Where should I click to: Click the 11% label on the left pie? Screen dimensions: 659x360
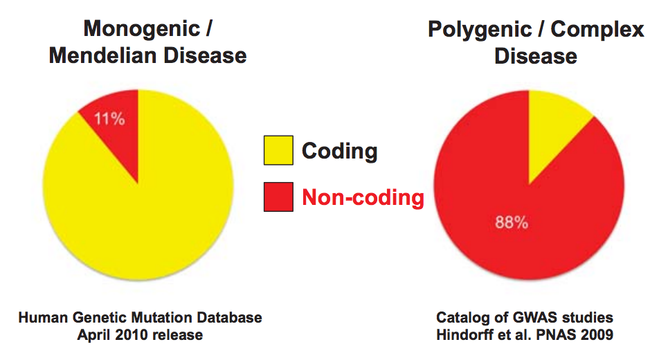click(109, 119)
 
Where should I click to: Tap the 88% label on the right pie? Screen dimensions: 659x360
click(512, 222)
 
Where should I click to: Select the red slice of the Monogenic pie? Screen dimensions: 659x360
click(118, 126)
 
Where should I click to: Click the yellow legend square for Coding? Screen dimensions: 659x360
click(278, 150)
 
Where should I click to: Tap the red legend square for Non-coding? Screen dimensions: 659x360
click(278, 197)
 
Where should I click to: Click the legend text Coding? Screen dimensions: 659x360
click(340, 152)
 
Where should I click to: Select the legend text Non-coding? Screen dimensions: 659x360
click(363, 197)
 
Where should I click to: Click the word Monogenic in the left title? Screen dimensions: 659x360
click(142, 30)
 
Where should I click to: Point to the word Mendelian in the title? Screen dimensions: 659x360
click(103, 55)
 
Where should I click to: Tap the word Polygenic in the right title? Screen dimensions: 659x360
click(480, 30)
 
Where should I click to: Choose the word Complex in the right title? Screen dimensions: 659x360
click(597, 30)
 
